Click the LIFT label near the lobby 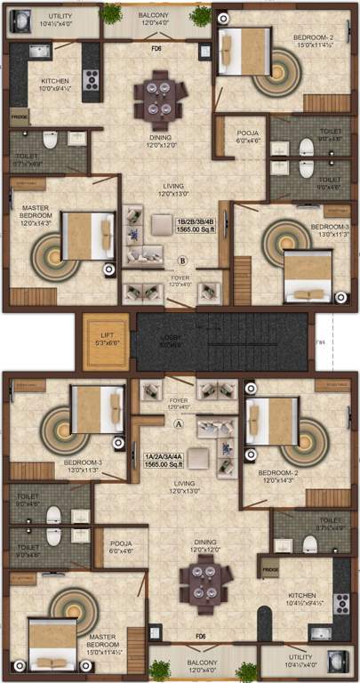click(x=106, y=337)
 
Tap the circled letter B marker click(x=182, y=261)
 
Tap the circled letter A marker click(x=178, y=425)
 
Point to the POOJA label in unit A click(x=122, y=547)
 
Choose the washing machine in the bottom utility click(x=338, y=664)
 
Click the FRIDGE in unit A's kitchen click(x=270, y=566)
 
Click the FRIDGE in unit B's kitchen click(x=20, y=116)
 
